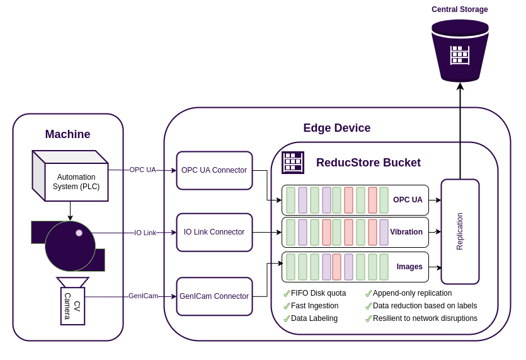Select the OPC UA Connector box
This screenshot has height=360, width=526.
[214, 170]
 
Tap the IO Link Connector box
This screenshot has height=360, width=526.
[214, 232]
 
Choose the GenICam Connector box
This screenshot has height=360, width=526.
[214, 296]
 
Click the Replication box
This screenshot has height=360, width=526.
[460, 231]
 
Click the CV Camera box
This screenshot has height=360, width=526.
[72, 306]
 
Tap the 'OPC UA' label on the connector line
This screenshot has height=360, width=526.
[142, 170]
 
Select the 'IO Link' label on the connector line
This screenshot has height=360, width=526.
[145, 233]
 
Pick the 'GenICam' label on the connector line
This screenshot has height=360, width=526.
[143, 296]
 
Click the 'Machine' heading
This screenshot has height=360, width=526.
[67, 134]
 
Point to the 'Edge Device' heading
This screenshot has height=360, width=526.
[337, 128]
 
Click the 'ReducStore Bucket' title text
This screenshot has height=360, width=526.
[369, 163]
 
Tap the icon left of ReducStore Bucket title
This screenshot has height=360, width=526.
[293, 163]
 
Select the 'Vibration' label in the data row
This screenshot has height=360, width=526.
[406, 232]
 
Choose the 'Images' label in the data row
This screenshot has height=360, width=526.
[409, 267]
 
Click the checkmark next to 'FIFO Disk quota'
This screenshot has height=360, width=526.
[287, 293]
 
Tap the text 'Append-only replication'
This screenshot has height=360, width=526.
[412, 293]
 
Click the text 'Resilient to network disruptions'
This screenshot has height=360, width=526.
[425, 318]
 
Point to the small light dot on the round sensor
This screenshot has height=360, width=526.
[79, 233]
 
